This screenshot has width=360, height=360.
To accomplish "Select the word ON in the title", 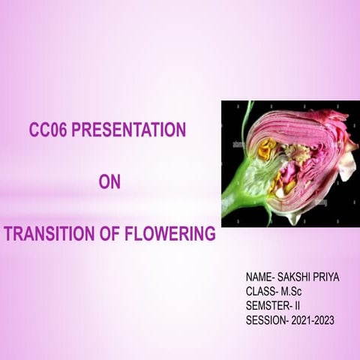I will coord(109,182).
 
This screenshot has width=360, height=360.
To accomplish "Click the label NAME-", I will coord(261,277).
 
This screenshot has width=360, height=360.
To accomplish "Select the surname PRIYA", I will coord(327,277).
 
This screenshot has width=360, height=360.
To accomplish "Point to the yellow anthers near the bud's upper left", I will coord(268,148).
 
